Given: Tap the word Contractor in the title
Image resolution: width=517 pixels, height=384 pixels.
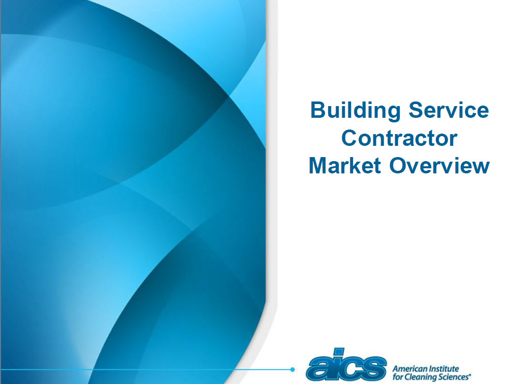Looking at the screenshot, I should [x=399, y=138].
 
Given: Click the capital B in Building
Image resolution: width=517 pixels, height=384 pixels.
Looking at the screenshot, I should [x=318, y=111].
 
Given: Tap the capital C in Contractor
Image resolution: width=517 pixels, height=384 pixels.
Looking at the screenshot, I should [x=349, y=138].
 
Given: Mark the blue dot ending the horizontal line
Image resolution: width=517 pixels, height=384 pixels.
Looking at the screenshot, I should [x=293, y=369].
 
